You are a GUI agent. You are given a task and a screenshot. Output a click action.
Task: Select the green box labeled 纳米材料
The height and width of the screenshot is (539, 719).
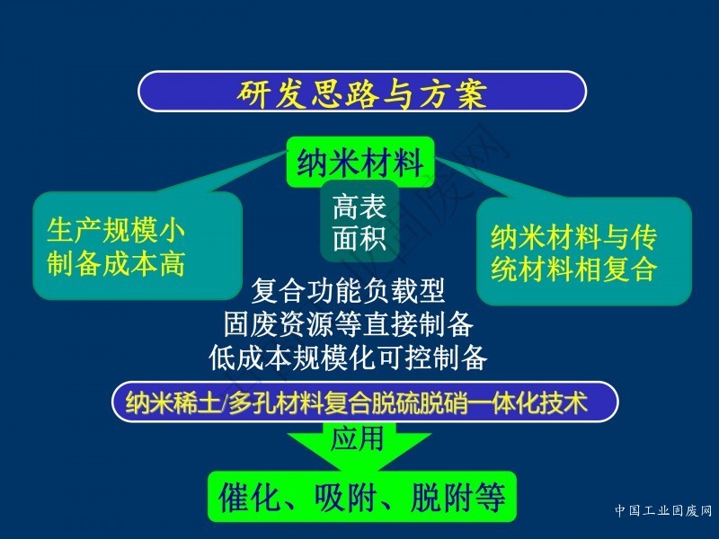tap(360, 162)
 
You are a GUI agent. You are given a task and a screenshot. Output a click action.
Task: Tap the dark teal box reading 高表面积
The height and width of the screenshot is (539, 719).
tap(359, 222)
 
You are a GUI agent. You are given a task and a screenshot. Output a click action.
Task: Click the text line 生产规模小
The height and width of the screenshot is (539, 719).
tap(116, 230)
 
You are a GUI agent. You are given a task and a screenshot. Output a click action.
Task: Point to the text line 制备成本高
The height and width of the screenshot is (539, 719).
tap(116, 263)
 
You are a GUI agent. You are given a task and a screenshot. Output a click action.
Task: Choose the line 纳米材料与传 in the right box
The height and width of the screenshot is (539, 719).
tap(573, 237)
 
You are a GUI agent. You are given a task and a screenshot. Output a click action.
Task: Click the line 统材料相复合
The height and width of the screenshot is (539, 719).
tap(573, 269)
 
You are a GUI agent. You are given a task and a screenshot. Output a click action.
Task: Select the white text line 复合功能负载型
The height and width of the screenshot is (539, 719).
tap(348, 291)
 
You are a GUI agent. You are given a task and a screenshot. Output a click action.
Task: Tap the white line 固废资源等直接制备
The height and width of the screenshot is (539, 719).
tap(348, 324)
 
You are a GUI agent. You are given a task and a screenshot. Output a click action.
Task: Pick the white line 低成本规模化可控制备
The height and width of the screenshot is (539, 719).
tap(348, 358)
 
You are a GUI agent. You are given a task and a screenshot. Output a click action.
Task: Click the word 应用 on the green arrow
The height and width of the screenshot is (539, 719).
tap(357, 438)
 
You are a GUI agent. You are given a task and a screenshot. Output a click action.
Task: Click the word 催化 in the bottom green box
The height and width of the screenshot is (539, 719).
tap(250, 498)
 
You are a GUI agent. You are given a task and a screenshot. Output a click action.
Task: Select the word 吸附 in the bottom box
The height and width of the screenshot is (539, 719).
tap(346, 498)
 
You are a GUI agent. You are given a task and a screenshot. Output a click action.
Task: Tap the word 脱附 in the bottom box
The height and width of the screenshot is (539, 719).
tap(442, 498)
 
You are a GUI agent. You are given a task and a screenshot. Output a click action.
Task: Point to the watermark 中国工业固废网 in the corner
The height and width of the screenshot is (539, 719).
tap(663, 510)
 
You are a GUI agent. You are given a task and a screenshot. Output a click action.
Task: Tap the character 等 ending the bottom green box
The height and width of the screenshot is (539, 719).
tap(491, 498)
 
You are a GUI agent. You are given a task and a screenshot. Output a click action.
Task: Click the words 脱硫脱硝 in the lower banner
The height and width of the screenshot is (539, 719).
tap(420, 402)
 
